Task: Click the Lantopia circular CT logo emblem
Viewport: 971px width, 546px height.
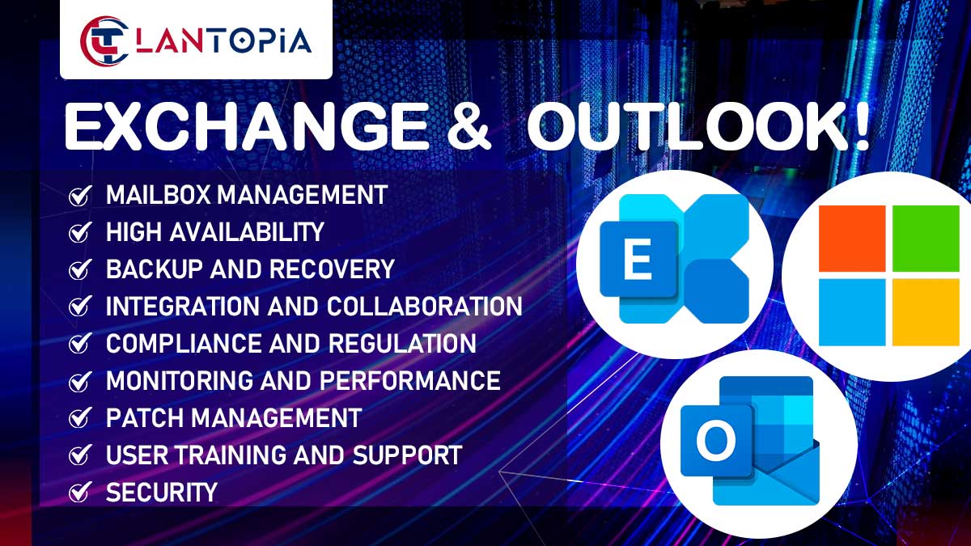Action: (x=104, y=41)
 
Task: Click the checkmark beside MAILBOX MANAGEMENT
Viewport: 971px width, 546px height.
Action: (x=80, y=196)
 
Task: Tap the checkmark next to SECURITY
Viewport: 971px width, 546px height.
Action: (x=80, y=493)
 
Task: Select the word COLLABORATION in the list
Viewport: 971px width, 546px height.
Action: (x=424, y=307)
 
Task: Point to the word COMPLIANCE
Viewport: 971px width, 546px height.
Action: (x=184, y=344)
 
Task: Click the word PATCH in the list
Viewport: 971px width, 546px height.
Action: (x=144, y=417)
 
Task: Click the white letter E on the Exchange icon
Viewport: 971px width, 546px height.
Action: (x=638, y=259)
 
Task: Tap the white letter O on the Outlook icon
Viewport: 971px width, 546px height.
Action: (x=716, y=442)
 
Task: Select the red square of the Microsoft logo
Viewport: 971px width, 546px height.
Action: (x=852, y=239)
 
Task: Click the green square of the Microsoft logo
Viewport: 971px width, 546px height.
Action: (x=926, y=239)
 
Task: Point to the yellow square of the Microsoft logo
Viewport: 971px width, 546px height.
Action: (x=926, y=312)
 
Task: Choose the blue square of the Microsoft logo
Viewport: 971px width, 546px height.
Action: (x=852, y=312)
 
